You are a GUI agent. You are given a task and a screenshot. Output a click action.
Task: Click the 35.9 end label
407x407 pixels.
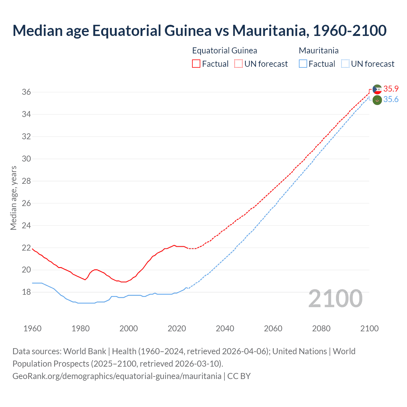pos(391,89)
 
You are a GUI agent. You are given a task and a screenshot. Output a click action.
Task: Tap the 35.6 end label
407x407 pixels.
pos(391,100)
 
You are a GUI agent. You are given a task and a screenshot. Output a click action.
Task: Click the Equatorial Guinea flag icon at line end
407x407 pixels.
pos(377,89)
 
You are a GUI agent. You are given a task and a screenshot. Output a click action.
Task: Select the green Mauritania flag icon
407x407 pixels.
pos(377,100)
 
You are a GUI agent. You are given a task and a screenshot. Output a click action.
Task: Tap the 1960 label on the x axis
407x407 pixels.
pos(32,328)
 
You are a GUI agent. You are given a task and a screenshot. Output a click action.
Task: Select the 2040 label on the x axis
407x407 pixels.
pos(225,328)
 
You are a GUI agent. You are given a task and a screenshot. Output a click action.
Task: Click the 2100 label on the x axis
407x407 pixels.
pos(369,328)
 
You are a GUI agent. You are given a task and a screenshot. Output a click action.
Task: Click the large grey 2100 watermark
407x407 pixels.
pos(335,299)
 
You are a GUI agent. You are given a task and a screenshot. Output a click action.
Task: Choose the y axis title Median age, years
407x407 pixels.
pos(13,197)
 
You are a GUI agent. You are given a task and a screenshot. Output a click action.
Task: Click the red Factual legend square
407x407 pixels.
pos(196,64)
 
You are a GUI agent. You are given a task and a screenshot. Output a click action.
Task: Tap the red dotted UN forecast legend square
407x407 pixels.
pos(238,64)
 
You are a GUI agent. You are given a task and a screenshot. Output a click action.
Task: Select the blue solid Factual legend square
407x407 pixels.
pos(303,64)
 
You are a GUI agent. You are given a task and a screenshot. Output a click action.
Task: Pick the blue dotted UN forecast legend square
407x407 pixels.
pos(345,64)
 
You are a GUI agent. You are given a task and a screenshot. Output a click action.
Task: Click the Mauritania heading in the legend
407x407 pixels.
pos(319,51)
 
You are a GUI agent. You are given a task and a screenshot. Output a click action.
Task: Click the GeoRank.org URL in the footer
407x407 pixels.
pos(117,376)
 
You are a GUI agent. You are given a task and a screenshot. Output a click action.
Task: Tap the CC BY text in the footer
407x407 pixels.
pos(239,376)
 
